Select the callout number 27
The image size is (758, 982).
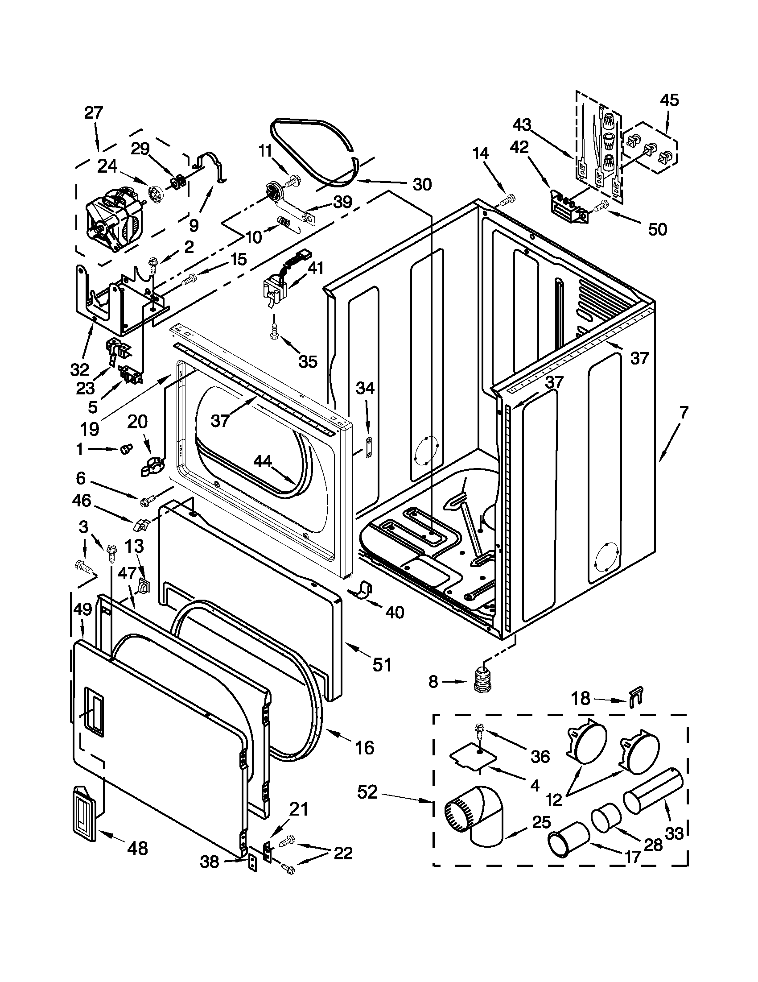pyautogui.click(x=94, y=112)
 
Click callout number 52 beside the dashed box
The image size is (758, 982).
pyautogui.click(x=367, y=792)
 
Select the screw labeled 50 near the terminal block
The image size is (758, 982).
pyautogui.click(x=598, y=207)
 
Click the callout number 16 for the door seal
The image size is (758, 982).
pyautogui.click(x=364, y=747)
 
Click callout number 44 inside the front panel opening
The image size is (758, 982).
pyautogui.click(x=263, y=461)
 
